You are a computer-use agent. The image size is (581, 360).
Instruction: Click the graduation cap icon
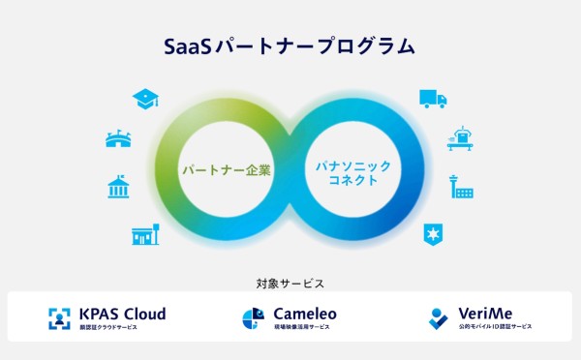pos(146,98)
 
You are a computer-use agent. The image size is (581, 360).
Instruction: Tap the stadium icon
pos(118,139)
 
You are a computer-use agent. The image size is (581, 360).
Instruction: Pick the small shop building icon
pos(145,232)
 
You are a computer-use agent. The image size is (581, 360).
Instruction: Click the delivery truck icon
pos(433,98)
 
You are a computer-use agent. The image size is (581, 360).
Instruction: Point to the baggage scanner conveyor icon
pos(460,139)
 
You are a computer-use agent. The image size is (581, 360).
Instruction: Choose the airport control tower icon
pos(460,186)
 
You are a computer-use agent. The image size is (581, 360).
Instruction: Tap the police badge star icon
pos(432,232)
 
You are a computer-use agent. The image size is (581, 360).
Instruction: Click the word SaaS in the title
pos(184,45)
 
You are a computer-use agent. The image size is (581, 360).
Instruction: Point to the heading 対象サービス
pos(290,284)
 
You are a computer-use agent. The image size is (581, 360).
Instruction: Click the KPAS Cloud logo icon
pos(61,318)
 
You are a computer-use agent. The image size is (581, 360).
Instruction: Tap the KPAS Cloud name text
pos(123,314)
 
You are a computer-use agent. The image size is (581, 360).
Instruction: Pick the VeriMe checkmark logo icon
pos(439,318)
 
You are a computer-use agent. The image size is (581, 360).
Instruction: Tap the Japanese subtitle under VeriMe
pos(496,328)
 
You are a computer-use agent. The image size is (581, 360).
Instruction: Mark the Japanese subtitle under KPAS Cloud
pos(109,328)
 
